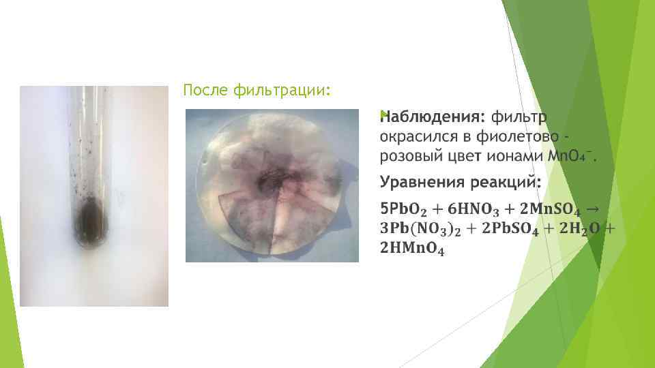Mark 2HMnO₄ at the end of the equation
tap(413, 250)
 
